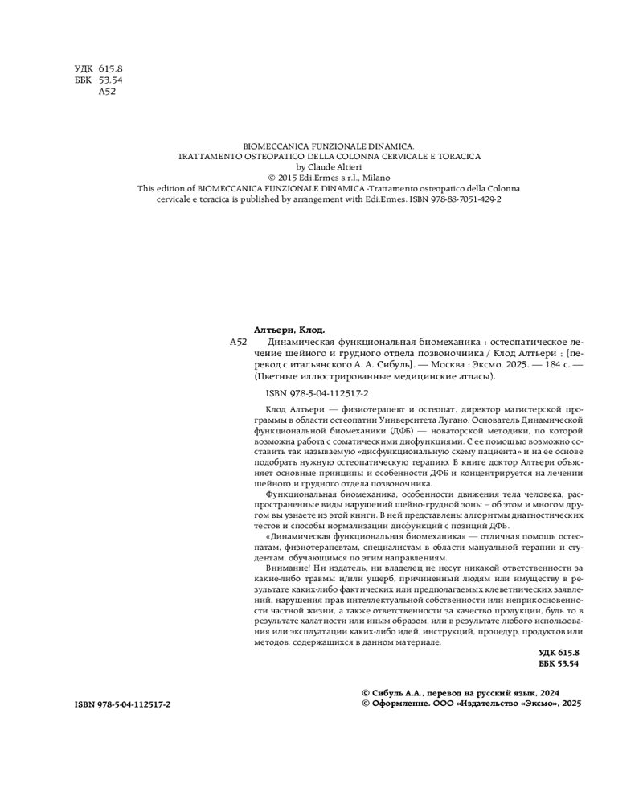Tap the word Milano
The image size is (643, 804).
373,178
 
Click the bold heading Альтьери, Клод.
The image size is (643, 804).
289,330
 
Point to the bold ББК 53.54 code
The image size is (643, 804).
559,665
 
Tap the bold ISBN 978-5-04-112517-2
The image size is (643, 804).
122,703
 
